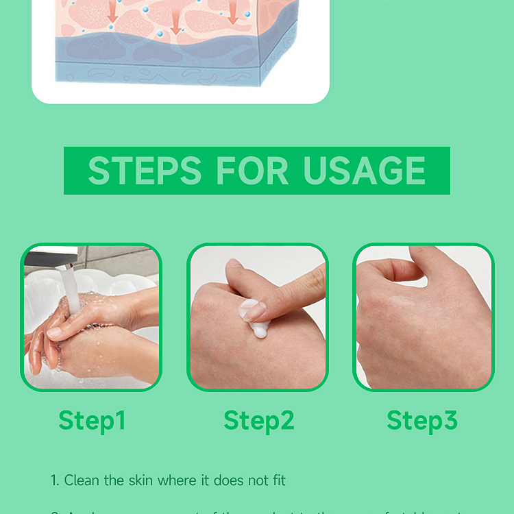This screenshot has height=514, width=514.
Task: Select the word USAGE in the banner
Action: click(365, 171)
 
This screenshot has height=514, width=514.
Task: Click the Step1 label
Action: click(92, 420)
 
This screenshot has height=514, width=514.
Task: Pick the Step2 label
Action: click(258, 420)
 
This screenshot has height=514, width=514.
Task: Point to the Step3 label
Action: click(421, 420)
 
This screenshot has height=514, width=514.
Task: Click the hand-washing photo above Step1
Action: click(91, 317)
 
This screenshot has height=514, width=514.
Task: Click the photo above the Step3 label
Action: click(424, 317)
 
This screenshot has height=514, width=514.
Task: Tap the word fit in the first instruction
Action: click(276, 480)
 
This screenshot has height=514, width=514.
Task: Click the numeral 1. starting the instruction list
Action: click(55, 480)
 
